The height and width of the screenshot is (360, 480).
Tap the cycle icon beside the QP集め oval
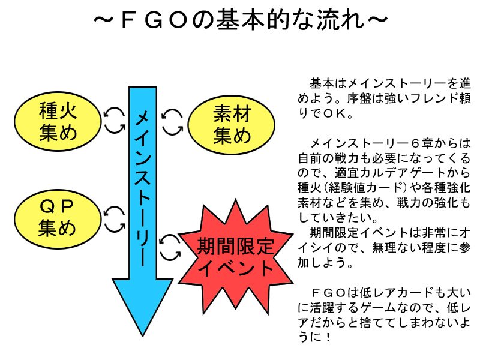pos(113,219)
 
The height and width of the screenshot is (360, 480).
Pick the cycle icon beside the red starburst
pos(171,246)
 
